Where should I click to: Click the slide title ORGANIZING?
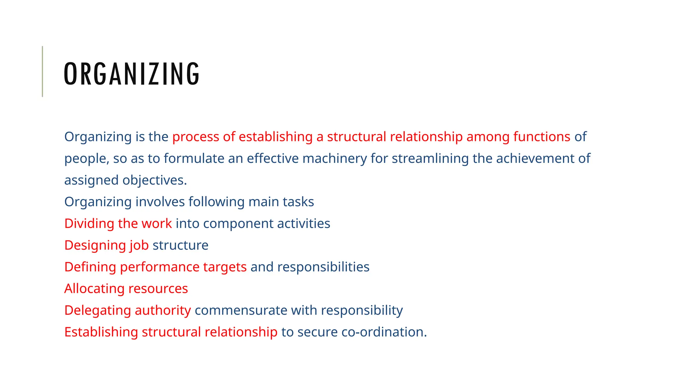132,74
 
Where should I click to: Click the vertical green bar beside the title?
42,71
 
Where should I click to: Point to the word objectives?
154,180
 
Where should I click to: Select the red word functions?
542,137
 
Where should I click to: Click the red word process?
196,137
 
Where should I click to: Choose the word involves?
160,202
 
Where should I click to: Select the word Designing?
95,245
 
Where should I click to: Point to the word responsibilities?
323,267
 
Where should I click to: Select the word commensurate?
241,310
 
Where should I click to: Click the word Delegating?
97,310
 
